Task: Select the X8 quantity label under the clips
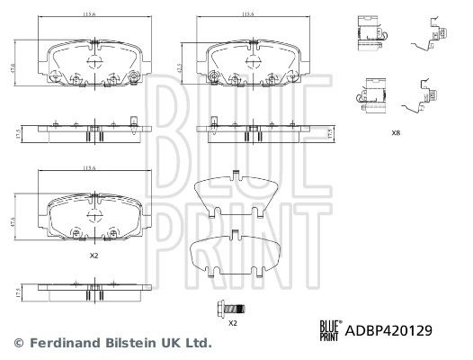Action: coord(396,132)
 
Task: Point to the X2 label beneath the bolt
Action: coord(232,322)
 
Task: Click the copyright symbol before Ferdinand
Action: coord(18,343)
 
